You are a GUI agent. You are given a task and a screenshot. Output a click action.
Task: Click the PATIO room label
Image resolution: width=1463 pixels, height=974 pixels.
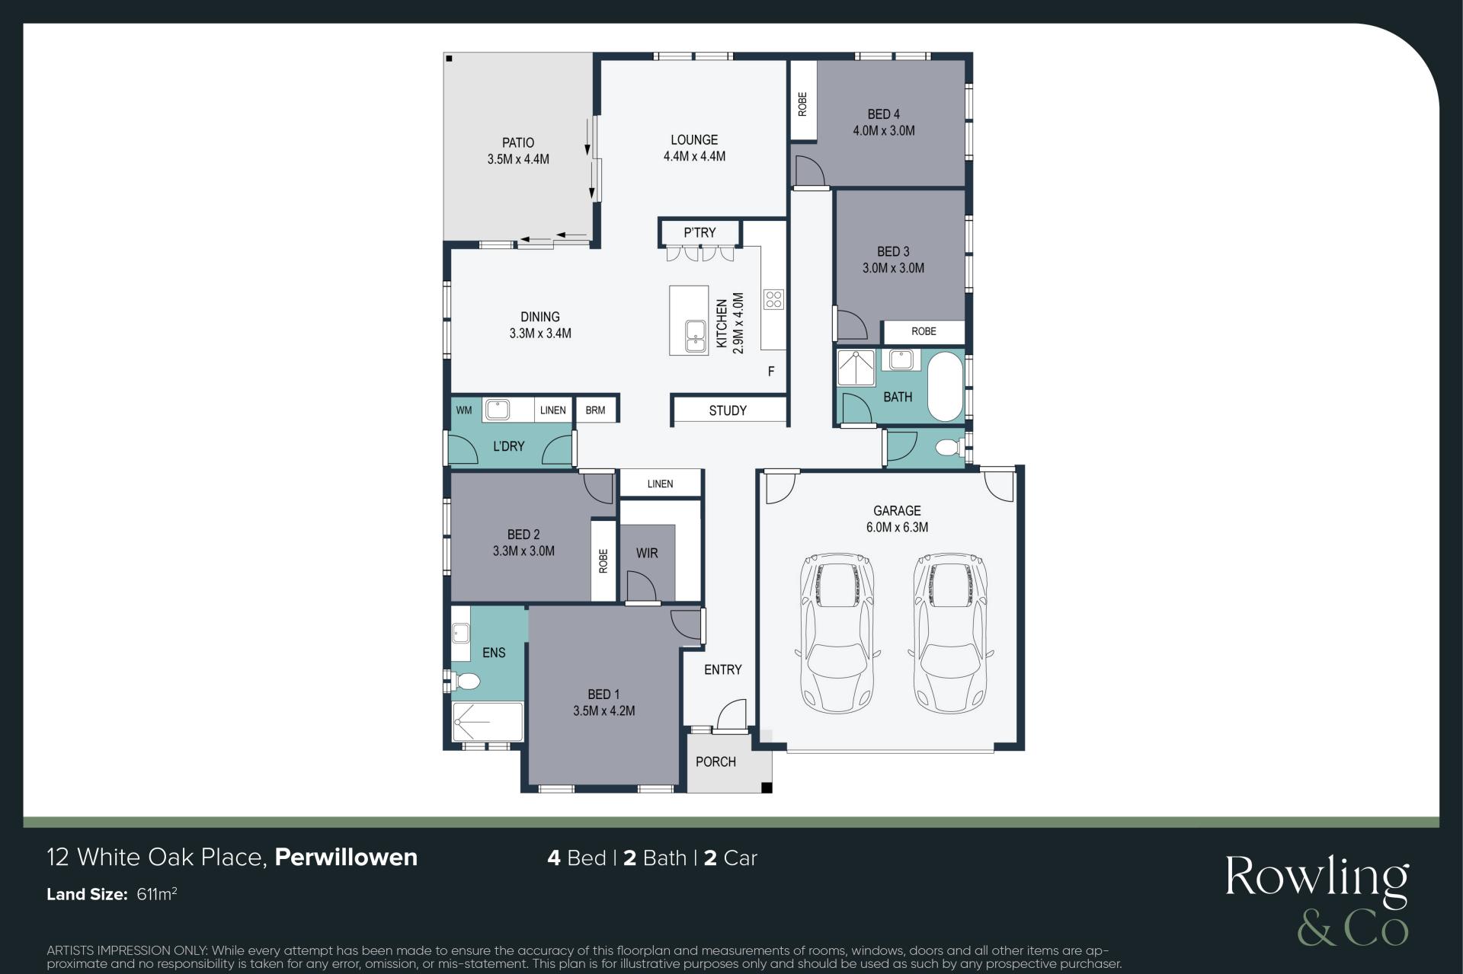click(x=518, y=142)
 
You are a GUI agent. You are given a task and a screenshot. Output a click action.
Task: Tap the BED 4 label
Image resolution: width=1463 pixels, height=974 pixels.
click(x=884, y=114)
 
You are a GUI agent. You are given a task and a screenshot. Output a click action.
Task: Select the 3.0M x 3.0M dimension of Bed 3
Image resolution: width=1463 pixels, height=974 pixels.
click(x=893, y=268)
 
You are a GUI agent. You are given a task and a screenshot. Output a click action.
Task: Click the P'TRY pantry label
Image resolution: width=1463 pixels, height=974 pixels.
click(x=699, y=232)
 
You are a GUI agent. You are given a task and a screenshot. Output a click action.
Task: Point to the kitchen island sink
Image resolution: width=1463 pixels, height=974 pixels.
click(x=695, y=335)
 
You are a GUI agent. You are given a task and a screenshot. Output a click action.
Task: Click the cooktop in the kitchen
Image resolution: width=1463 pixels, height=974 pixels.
click(x=773, y=299)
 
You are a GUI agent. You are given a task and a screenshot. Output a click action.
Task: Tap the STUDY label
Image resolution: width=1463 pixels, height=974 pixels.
click(x=728, y=410)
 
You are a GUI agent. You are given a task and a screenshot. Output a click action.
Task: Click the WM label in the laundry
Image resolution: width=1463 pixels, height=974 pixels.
click(x=464, y=410)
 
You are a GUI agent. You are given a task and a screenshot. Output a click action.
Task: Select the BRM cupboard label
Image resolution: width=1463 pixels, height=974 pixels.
click(x=595, y=410)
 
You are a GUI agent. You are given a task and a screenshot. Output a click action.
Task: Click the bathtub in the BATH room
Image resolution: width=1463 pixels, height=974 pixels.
click(x=946, y=386)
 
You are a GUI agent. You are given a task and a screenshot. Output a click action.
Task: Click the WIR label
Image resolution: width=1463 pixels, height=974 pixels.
click(x=647, y=554)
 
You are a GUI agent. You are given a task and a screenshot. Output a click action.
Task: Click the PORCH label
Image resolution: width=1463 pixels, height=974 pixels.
click(x=715, y=762)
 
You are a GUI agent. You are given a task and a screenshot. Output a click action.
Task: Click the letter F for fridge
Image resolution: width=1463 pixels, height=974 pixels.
click(x=771, y=372)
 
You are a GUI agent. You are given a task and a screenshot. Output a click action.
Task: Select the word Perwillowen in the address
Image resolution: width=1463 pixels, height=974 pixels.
click(x=346, y=857)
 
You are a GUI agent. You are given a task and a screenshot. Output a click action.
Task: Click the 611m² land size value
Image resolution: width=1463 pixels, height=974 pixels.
click(x=157, y=894)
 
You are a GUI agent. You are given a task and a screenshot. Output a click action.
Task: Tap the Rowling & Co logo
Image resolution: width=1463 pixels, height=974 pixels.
click(x=1317, y=901)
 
